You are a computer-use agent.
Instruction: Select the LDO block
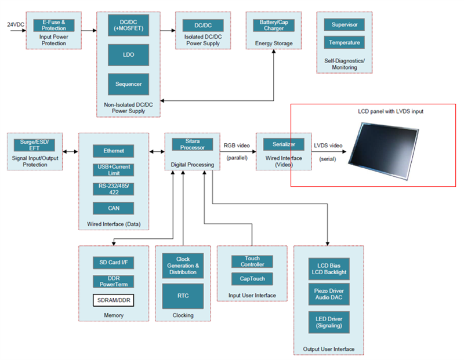(128, 55)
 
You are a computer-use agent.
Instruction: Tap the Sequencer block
(128, 84)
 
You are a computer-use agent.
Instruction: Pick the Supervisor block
(344, 25)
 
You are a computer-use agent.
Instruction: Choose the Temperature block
(344, 43)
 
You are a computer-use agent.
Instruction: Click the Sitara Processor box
(192, 144)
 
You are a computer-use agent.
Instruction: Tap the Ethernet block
(113, 151)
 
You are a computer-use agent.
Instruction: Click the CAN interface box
(113, 208)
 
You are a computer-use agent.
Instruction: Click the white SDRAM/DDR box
(113, 300)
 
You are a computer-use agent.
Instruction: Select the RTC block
(183, 296)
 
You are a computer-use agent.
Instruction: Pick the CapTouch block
(252, 279)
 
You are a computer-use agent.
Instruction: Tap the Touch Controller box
(252, 262)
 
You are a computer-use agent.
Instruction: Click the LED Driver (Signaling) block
(328, 322)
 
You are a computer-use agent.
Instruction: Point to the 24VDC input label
(15, 24)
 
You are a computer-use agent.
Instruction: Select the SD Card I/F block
(113, 263)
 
